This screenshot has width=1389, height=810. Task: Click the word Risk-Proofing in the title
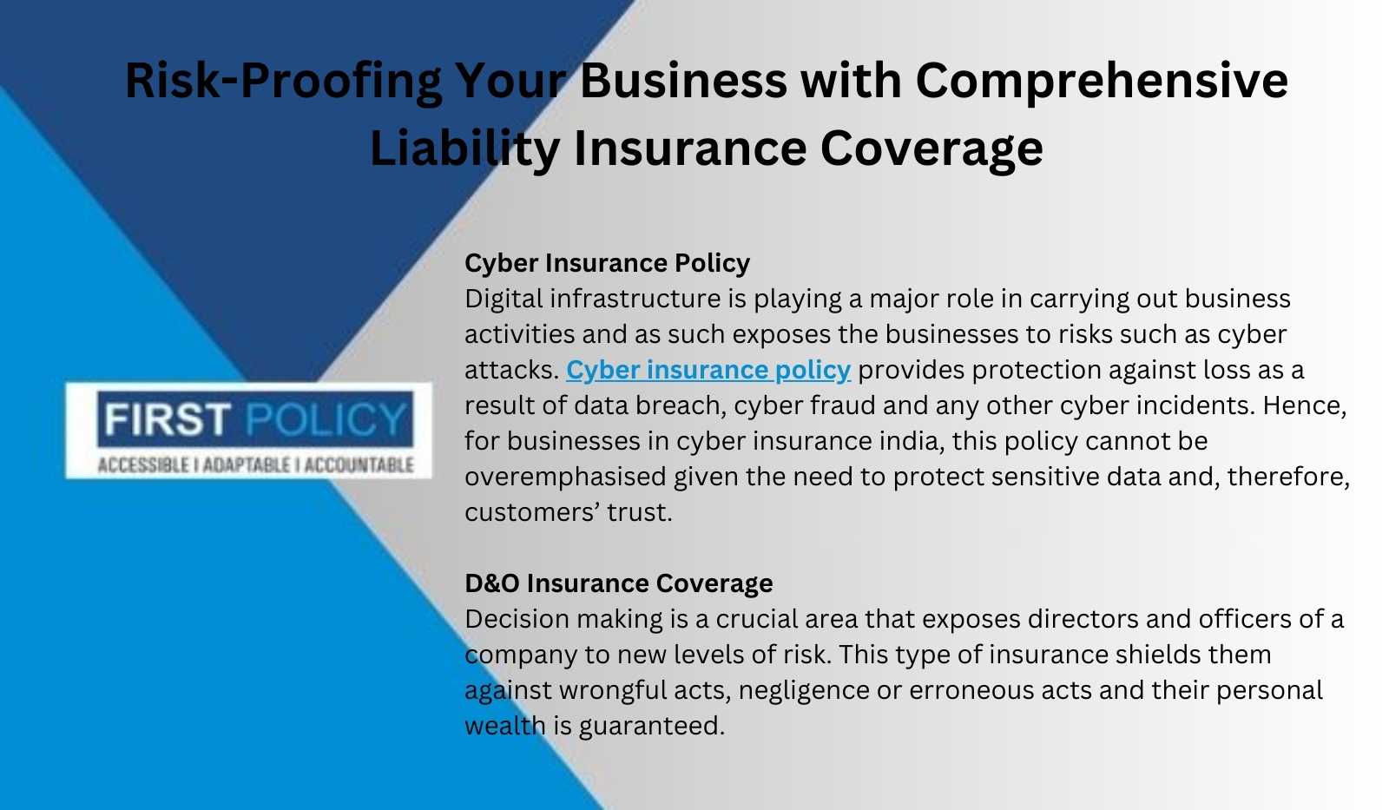tap(283, 82)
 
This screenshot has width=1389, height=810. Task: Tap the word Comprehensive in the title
tap(1102, 82)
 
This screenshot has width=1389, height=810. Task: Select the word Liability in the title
tap(464, 148)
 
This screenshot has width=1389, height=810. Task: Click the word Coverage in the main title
tap(931, 148)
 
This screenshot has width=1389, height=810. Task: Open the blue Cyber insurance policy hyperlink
tap(708, 370)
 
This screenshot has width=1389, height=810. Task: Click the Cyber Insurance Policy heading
tap(607, 263)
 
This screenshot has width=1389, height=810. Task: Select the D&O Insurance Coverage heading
tap(619, 583)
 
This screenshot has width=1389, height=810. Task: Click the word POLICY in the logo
tap(326, 419)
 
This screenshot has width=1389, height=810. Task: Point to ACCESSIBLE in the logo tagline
tap(144, 465)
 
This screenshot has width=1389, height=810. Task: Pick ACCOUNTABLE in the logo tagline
tap(359, 465)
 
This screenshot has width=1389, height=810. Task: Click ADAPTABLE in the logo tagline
tap(247, 465)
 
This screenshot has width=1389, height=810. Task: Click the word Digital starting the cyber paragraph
tap(504, 300)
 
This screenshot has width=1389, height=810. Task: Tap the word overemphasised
tap(565, 477)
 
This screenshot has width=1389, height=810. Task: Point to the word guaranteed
tap(652, 727)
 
